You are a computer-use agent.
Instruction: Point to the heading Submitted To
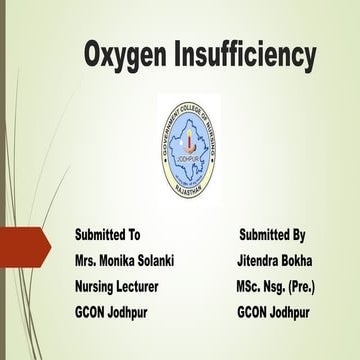tap(107, 235)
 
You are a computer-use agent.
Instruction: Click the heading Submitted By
tap(272, 235)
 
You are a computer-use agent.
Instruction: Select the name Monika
tap(125, 261)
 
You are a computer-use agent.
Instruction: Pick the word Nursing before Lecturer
tap(98, 287)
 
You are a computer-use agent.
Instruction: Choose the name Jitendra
tap(256, 261)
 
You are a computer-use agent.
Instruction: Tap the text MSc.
tap(240, 287)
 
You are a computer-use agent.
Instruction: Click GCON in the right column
tap(255, 313)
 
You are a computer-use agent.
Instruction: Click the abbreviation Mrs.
tap(88, 261)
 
